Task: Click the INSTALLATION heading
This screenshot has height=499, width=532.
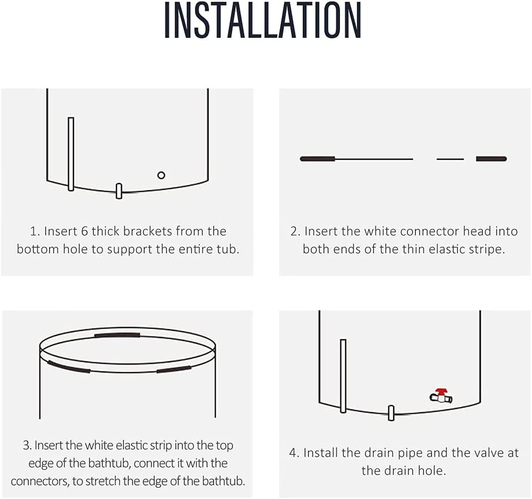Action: [263, 20]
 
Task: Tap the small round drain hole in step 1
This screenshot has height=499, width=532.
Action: [161, 175]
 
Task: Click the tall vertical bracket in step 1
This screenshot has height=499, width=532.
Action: [71, 154]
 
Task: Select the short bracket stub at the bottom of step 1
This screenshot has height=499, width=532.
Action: [119, 191]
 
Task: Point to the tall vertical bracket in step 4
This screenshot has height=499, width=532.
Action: [343, 376]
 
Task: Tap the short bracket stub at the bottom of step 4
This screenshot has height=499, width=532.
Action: [391, 413]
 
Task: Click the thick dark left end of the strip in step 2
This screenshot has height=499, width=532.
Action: [317, 159]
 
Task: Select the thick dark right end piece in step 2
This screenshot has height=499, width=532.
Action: [491, 159]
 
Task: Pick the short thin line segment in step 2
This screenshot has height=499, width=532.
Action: [450, 159]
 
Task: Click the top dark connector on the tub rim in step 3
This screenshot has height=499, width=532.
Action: [117, 335]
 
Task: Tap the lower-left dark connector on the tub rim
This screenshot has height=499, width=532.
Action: [69, 366]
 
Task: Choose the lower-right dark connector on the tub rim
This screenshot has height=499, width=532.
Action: [174, 369]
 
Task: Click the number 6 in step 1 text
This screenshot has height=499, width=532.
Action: [85, 231]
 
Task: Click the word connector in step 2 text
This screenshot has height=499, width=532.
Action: [430, 231]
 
